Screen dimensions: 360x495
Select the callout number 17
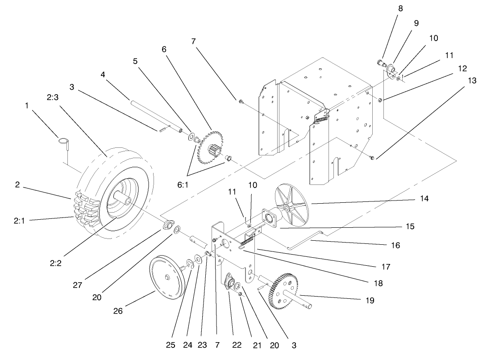385,267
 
